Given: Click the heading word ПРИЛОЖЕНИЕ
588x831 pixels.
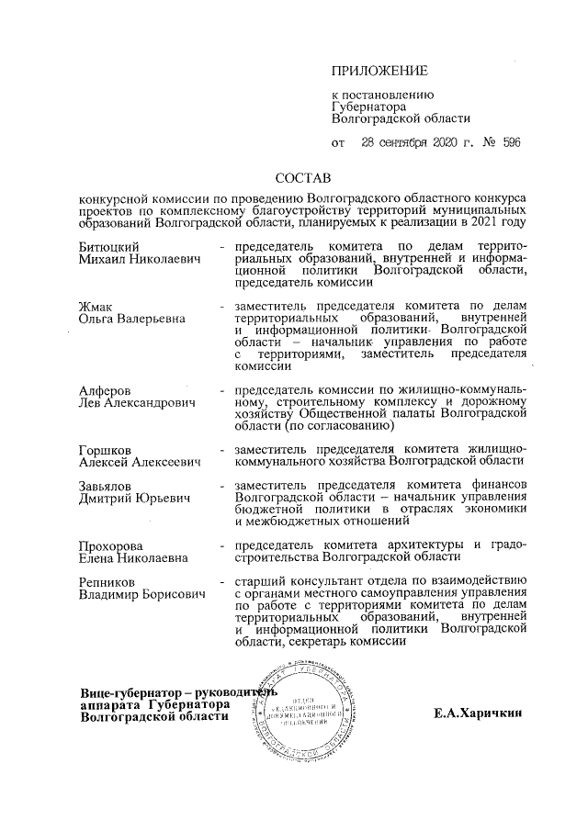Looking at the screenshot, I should click(x=379, y=71).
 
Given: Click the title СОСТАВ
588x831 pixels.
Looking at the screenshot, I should click(x=302, y=176).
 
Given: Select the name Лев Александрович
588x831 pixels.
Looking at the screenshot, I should click(x=137, y=406).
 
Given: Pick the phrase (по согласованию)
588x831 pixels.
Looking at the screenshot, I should click(x=340, y=426).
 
